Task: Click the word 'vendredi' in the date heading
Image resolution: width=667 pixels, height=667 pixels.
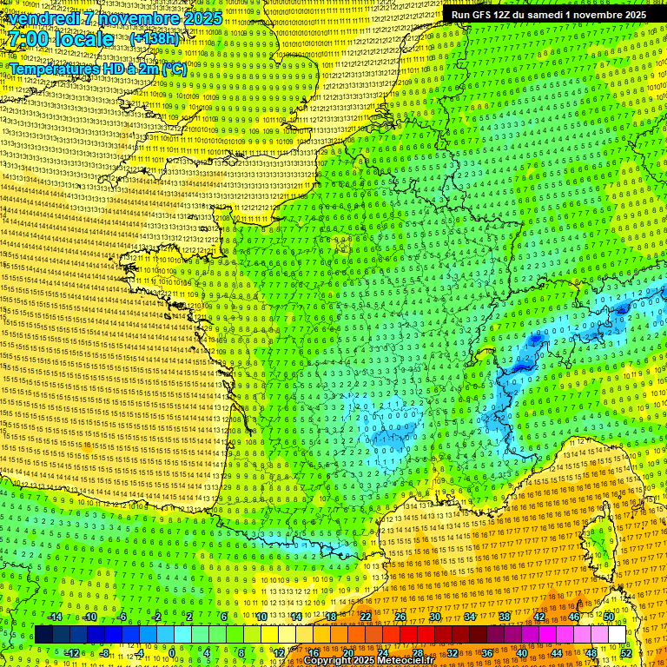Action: tap(43, 18)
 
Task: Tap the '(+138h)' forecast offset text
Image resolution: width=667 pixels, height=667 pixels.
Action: tap(154, 39)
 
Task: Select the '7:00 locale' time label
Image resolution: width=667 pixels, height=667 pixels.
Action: tap(60, 39)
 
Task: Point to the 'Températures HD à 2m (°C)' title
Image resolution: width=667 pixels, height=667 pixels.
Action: tap(98, 69)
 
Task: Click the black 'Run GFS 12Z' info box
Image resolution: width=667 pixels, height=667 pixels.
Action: tap(548, 15)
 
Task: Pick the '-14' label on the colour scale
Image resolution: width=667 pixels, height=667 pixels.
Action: tap(54, 617)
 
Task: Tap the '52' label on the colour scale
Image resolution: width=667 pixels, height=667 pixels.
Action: tap(625, 652)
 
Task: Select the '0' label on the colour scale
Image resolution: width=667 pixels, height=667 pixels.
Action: tap(172, 652)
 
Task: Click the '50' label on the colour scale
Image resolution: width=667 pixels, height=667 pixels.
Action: tap(609, 617)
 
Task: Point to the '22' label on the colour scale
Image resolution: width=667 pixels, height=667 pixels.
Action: tap(366, 617)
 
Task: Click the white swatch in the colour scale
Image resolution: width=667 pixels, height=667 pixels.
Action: tap(617, 634)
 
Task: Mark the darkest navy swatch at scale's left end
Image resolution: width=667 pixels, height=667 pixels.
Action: tap(43, 634)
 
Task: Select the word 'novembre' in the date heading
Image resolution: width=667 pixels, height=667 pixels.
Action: tap(133, 18)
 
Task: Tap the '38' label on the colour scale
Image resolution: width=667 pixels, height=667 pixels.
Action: tap(505, 617)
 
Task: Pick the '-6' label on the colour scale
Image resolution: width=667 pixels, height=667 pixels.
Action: tap(122, 617)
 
